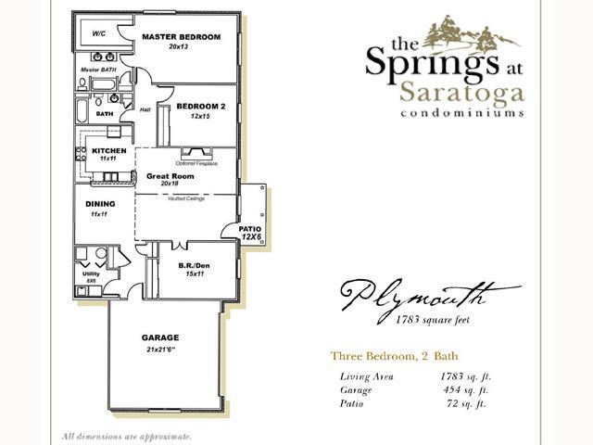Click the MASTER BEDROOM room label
point(181,37)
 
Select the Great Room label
point(170,175)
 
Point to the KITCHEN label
point(108,150)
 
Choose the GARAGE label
point(160,337)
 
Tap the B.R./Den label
point(193,265)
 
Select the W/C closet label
point(98,34)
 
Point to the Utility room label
point(91,274)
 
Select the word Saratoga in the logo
point(463,93)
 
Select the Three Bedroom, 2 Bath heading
point(394,356)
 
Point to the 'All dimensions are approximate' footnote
point(127,436)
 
